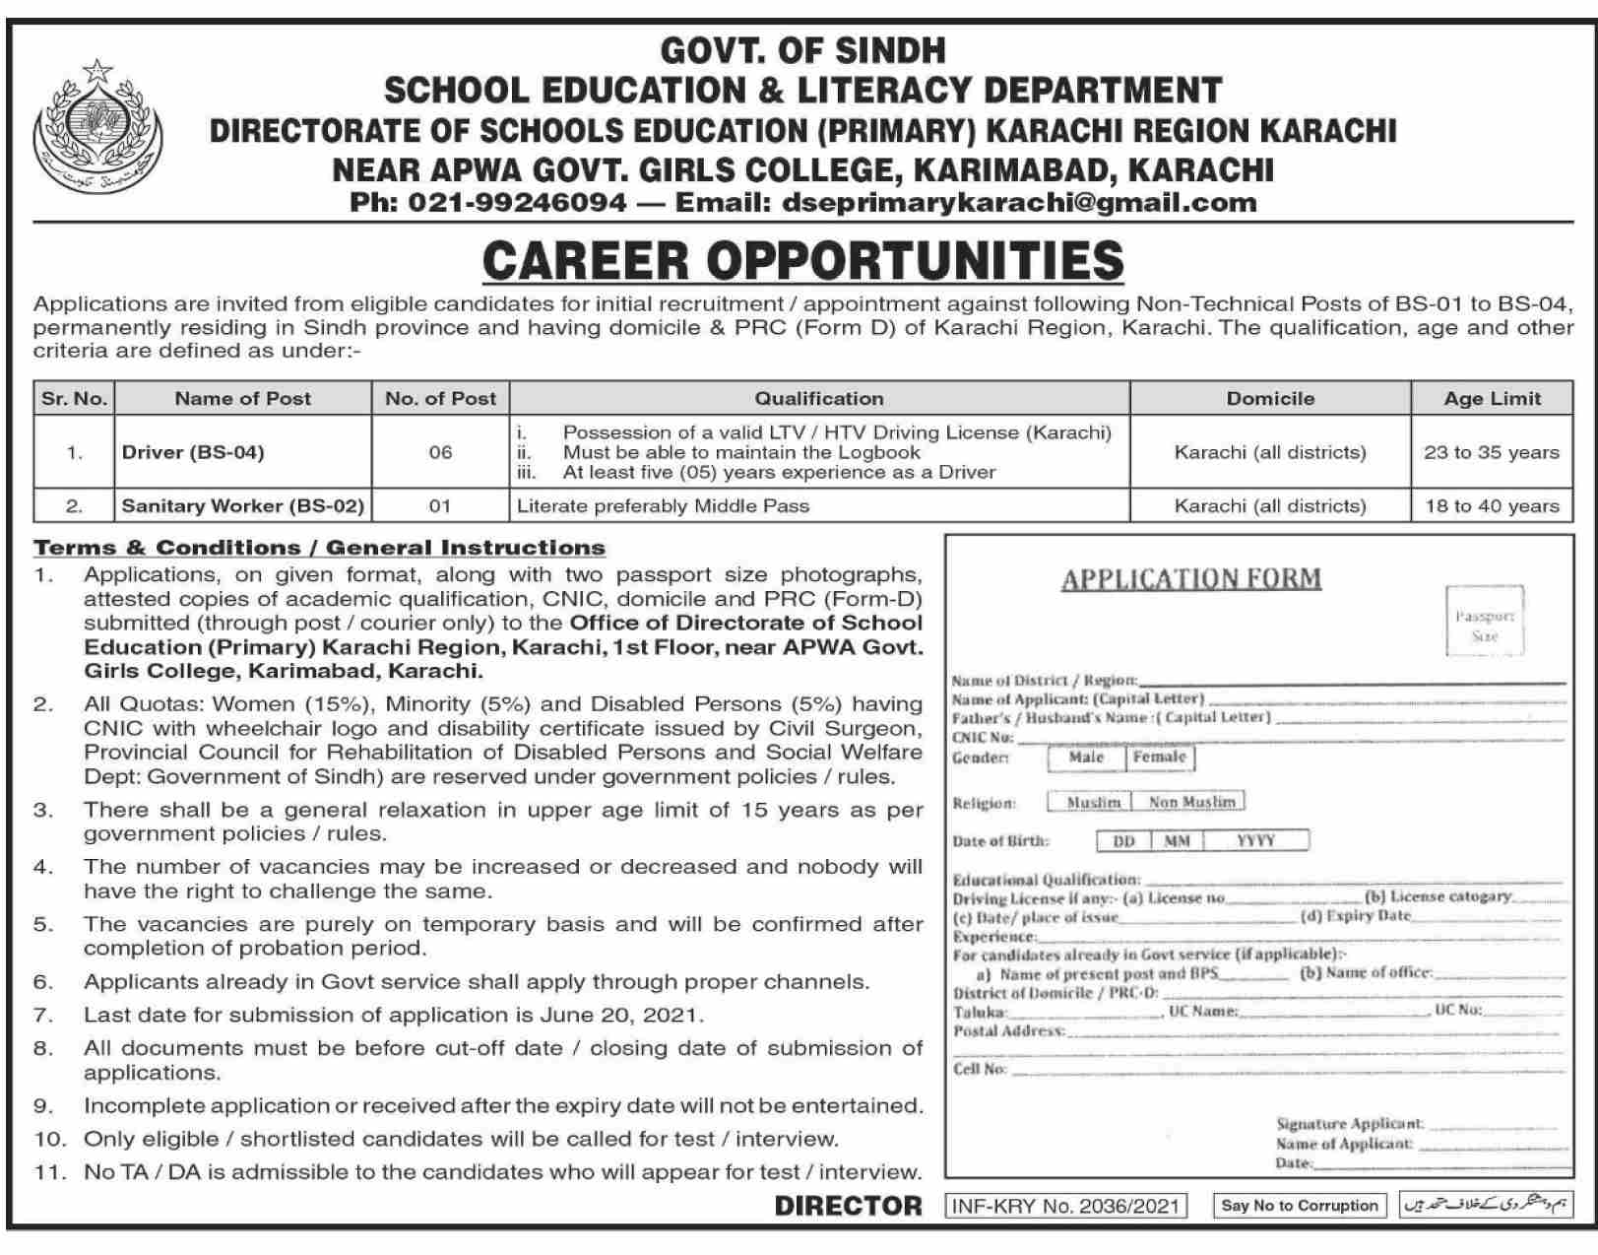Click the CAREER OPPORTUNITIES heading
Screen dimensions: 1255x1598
[x=802, y=260]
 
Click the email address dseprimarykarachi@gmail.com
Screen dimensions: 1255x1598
[x=1018, y=203]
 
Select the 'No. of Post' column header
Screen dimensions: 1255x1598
[x=440, y=399]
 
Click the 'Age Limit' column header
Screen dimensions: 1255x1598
[x=1492, y=399]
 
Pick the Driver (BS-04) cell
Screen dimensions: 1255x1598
[x=193, y=452]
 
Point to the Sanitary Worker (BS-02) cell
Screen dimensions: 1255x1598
[x=242, y=506]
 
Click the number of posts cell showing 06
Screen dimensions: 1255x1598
[x=440, y=452]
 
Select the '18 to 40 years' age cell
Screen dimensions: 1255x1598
[x=1492, y=506]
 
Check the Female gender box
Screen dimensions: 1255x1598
[x=1159, y=757]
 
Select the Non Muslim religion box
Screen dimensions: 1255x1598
[x=1190, y=802]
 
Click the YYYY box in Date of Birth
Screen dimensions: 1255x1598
[x=1255, y=840]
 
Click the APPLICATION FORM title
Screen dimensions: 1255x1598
[x=1190, y=578]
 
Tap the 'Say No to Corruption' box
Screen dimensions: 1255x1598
[x=1299, y=1205]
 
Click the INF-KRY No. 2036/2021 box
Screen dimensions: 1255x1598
[x=1065, y=1205]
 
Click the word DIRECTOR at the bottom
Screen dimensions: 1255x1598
[x=848, y=1205]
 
